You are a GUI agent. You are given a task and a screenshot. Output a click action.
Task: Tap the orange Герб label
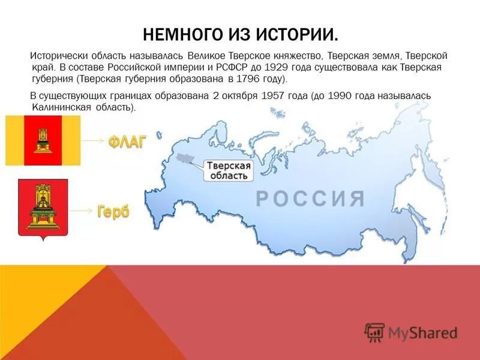coord(113,211)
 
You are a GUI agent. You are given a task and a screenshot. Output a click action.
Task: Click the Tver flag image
coord(43,140)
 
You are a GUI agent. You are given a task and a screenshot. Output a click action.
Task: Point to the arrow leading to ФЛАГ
coord(94,140)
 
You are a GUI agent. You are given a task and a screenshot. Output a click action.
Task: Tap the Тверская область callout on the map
coord(228,170)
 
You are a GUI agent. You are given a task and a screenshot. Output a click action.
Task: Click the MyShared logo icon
coord(374,332)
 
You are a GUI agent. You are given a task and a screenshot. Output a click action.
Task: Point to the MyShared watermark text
coord(422,332)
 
